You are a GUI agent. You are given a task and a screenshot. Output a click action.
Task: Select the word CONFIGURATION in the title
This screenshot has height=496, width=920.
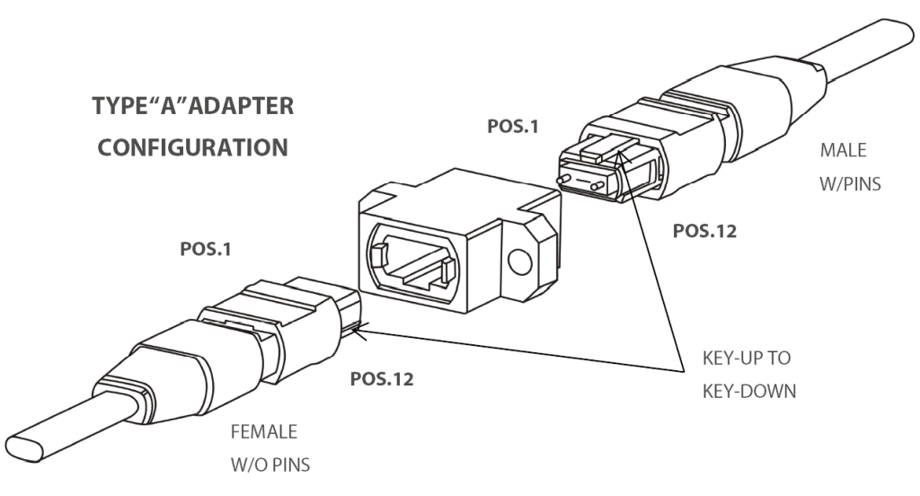pos(192,147)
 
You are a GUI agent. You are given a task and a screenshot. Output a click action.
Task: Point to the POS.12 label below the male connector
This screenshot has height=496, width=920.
pos(707,230)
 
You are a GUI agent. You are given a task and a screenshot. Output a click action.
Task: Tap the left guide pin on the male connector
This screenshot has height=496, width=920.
pos(564,179)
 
